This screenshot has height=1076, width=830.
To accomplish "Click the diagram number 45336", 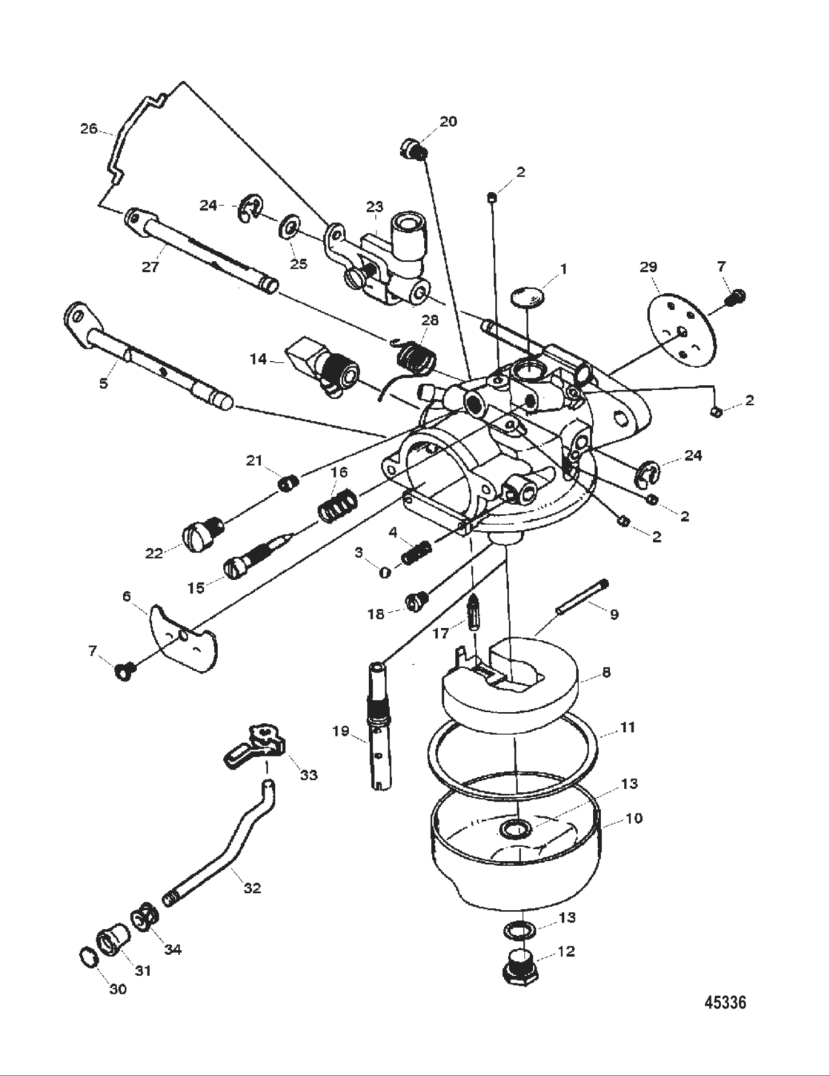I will coord(724,1003).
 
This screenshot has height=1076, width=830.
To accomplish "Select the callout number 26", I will coord(89,129).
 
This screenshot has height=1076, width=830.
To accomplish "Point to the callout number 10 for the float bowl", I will coord(634,818).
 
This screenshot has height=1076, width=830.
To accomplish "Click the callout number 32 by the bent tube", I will coord(252,887).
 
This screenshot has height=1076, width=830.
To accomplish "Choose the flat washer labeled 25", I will coord(288,227).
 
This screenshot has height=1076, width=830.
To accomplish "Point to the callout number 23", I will coord(374,207).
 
